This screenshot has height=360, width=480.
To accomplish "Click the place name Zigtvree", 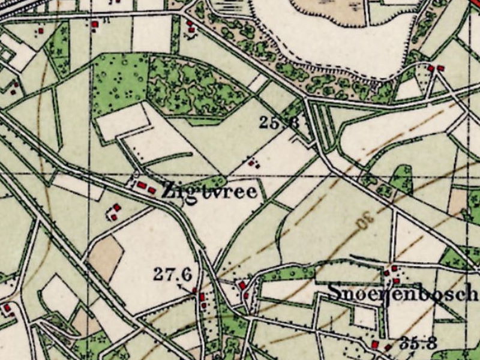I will tap(209, 191).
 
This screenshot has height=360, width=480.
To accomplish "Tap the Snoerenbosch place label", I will tap(402, 293).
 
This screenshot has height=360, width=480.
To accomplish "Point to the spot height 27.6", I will tap(172, 275).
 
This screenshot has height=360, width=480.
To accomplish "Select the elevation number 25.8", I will tap(279, 123).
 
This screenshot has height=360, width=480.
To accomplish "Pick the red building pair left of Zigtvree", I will tap(146, 187).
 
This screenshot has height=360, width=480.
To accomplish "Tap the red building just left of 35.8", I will tap(375, 344).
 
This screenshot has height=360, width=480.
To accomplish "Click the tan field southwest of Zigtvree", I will tap(106, 256).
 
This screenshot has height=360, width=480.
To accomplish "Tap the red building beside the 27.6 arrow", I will tap(202, 297).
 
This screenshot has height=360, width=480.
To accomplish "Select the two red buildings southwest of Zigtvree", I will tap(115, 211).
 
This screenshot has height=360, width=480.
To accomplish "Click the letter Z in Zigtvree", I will tap(168, 191).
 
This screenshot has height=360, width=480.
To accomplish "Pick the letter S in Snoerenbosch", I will tap(334, 293).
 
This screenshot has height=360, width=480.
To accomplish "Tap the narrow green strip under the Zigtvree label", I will tap(207, 181).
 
